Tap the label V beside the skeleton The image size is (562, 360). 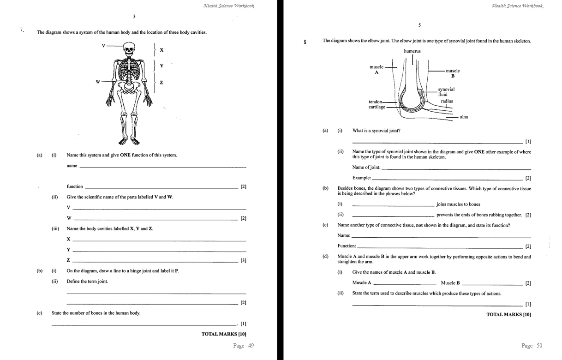tap(103, 45)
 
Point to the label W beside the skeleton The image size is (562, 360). tap(97, 82)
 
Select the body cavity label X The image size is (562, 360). tap(161, 50)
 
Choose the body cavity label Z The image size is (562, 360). tap(161, 83)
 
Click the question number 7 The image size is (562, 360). tap(21, 30)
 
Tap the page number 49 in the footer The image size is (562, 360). tap(243, 346)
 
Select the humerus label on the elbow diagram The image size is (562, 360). tap(412, 51)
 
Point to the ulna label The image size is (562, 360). tap(463, 117)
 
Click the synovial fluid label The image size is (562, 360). tap(446, 92)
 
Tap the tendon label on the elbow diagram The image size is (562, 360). tap(375, 102)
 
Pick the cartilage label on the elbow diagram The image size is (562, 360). tap(377, 107)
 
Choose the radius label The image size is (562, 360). tap(446, 101)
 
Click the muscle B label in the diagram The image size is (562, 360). tap(452, 73)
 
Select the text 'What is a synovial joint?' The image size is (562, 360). tap(376, 131)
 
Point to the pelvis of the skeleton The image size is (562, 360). tap(130, 85)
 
